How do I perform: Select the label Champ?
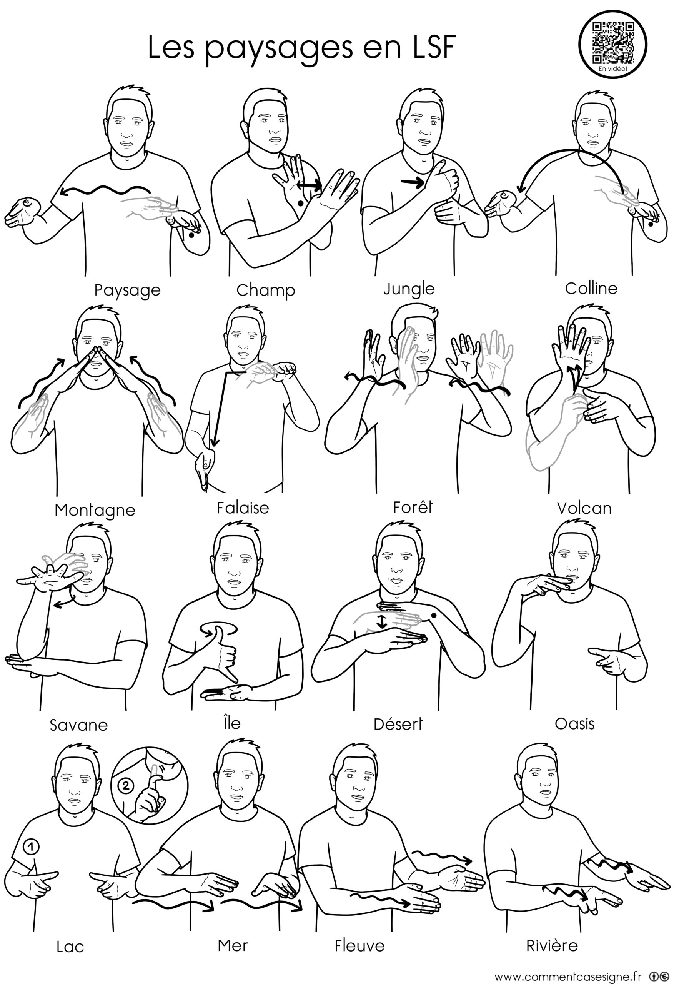coord(266,291)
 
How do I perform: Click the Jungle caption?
coord(409,289)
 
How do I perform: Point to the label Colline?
coord(591,288)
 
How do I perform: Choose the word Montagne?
coord(95,510)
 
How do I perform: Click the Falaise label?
coord(243,508)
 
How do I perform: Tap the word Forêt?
coord(413,507)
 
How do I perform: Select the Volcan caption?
coord(584,508)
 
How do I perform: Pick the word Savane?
coord(79,725)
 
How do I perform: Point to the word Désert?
coord(398,723)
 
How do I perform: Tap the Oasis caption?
coord(574,723)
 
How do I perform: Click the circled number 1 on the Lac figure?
coord(30,847)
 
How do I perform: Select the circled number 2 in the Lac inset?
coord(126,786)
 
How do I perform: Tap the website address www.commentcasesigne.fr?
coord(567,974)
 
